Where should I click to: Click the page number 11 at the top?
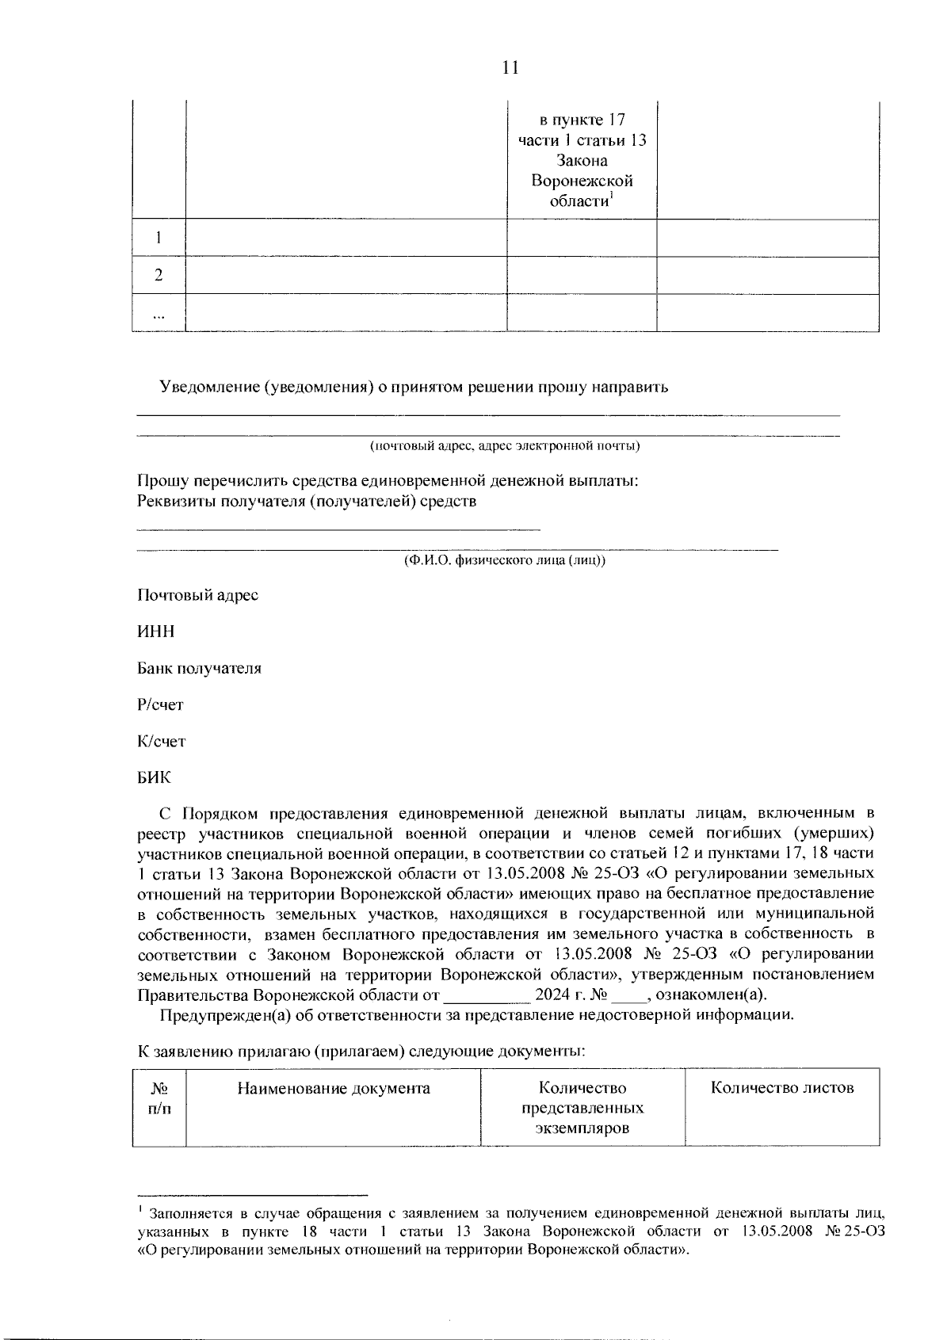(510, 67)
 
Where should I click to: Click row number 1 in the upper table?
(158, 238)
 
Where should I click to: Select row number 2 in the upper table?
(158, 275)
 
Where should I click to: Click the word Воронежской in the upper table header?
(582, 181)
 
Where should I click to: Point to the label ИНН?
(155, 632)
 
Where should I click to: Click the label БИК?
(154, 777)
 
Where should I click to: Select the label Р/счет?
(160, 704)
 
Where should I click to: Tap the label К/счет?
(161, 741)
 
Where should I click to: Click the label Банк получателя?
(199, 668)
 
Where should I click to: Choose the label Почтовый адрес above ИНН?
(197, 595)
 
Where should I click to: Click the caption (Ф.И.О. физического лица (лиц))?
(505, 560)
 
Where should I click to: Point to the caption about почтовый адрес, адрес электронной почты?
(505, 445)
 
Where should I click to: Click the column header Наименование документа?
(334, 1088)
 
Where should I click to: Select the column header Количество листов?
(782, 1088)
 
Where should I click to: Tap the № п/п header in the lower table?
(159, 1098)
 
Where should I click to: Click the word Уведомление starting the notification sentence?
(209, 387)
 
